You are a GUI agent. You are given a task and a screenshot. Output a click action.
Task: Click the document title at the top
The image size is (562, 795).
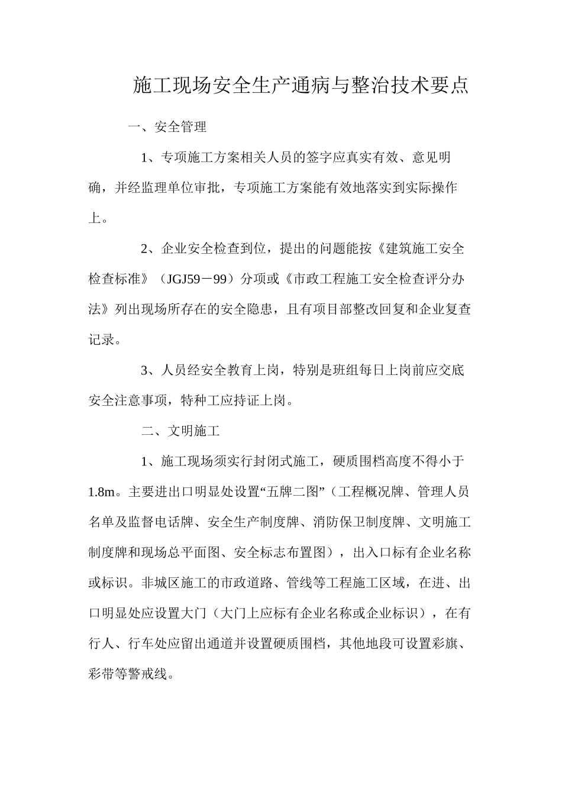[x=301, y=85]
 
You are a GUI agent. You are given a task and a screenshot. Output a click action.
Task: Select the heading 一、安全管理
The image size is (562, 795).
[x=167, y=127]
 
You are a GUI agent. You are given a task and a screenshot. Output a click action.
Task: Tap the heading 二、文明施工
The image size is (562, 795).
[x=180, y=431]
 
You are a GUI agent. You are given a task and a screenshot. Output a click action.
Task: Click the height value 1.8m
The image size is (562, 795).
[x=101, y=492]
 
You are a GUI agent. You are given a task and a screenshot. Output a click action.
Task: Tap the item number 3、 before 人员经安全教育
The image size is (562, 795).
[x=147, y=371]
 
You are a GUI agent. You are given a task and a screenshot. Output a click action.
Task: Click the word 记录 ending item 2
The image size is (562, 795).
[x=101, y=340]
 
